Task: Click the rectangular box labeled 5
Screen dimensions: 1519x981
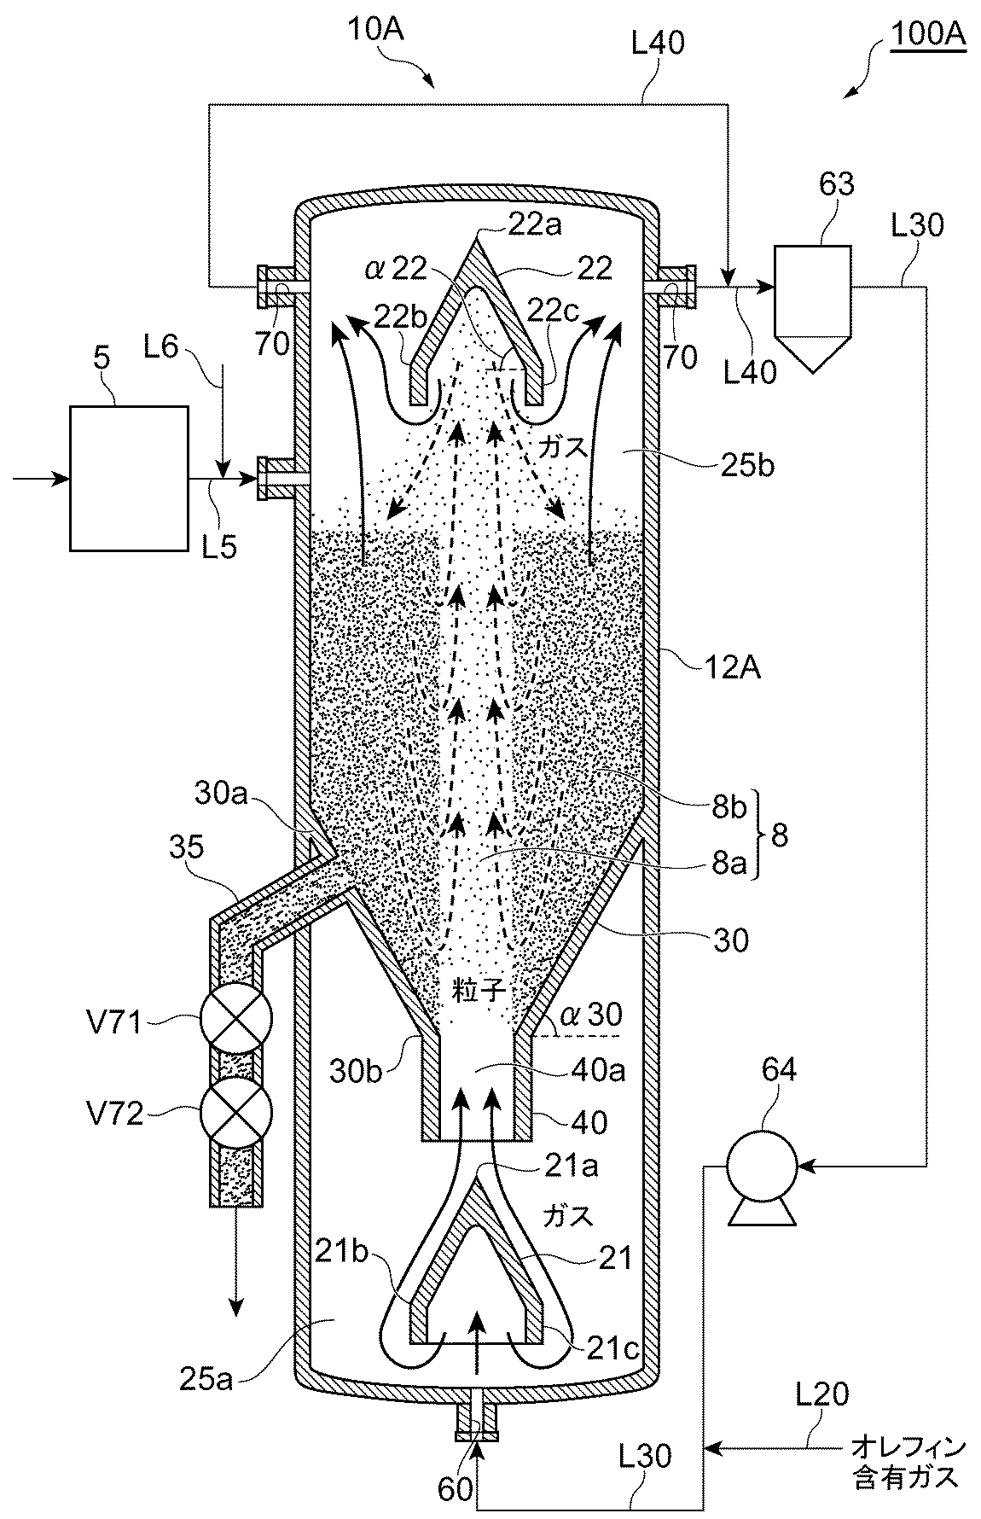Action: [129, 478]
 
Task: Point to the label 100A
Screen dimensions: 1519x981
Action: [928, 37]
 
